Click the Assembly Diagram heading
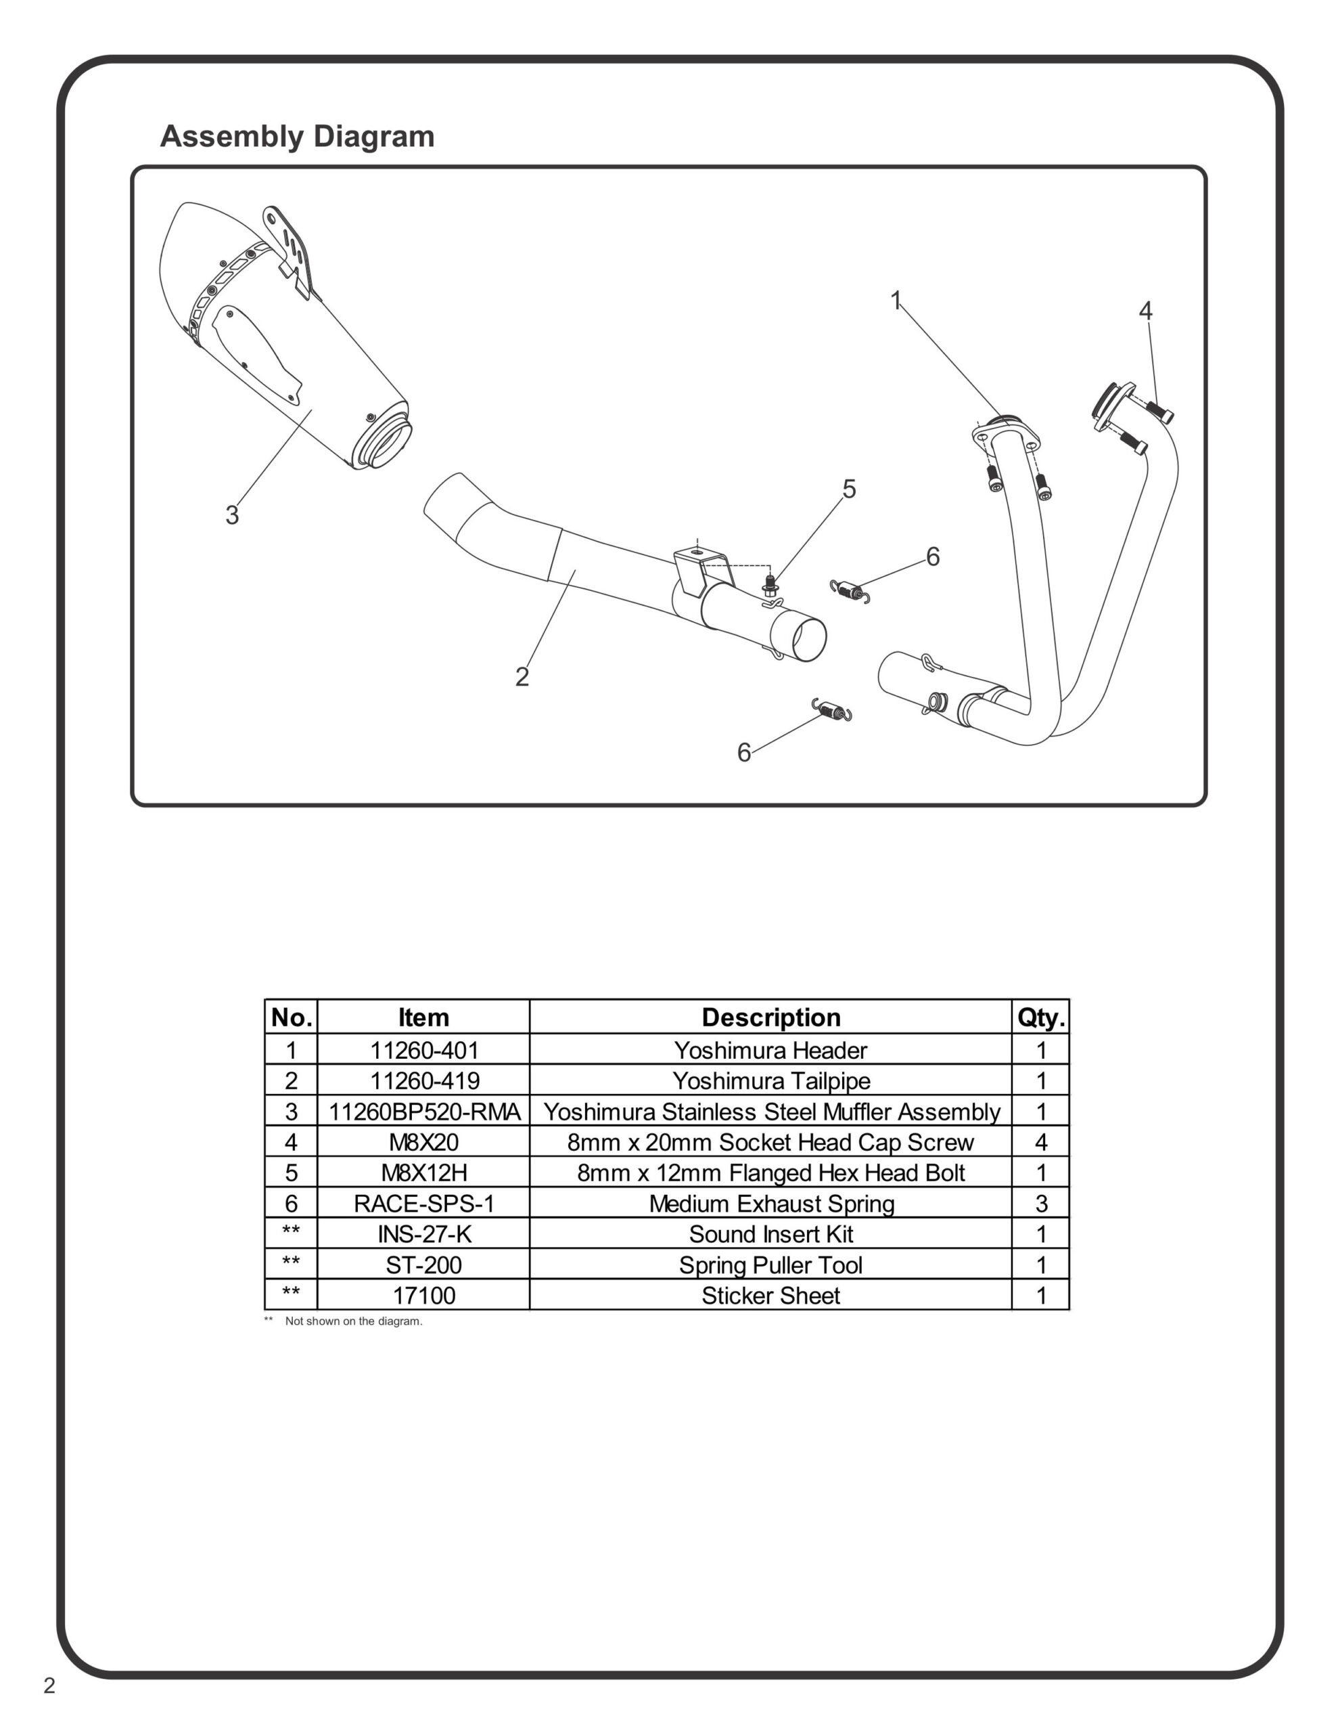(297, 137)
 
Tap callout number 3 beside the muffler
(231, 515)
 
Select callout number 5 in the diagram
(849, 489)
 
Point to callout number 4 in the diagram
(1145, 311)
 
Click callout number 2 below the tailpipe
(522, 677)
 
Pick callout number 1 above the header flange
(896, 300)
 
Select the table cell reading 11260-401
(423, 1050)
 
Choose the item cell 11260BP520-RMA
(423, 1112)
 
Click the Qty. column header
(1040, 1017)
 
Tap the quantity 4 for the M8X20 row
(1040, 1142)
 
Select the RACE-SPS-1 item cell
(423, 1204)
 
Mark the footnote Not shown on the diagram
(353, 1321)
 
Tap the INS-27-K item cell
(423, 1234)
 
